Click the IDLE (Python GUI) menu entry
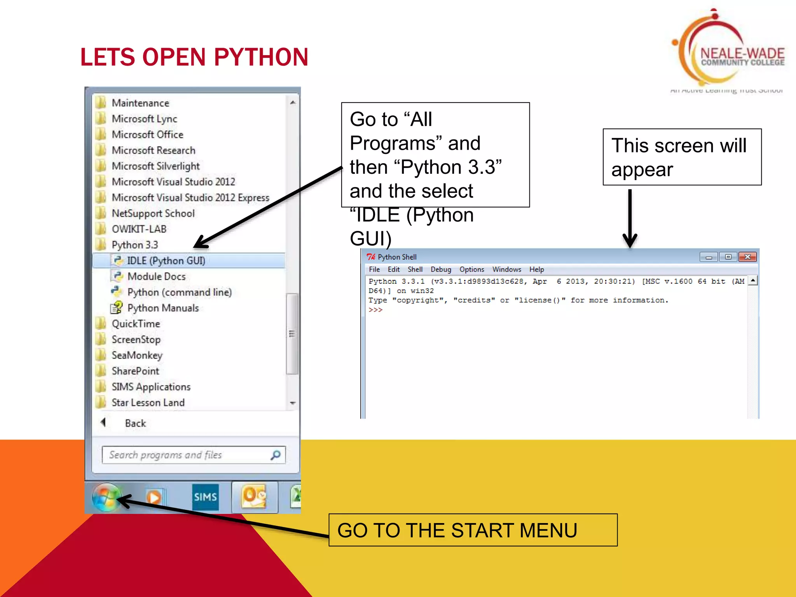[166, 260]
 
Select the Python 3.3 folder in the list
[134, 245]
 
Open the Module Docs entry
[156, 276]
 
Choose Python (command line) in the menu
[179, 292]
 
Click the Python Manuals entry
[163, 308]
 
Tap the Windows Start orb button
[106, 497]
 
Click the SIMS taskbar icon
[205, 497]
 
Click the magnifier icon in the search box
[276, 455]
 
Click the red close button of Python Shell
[747, 257]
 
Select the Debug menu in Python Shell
[441, 269]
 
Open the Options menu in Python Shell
[471, 269]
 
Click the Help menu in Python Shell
[536, 269]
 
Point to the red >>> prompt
[375, 310]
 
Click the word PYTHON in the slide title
[261, 57]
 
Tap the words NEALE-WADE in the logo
[742, 53]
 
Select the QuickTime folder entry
[136, 324]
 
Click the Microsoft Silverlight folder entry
[155, 166]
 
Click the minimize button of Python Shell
[709, 257]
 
